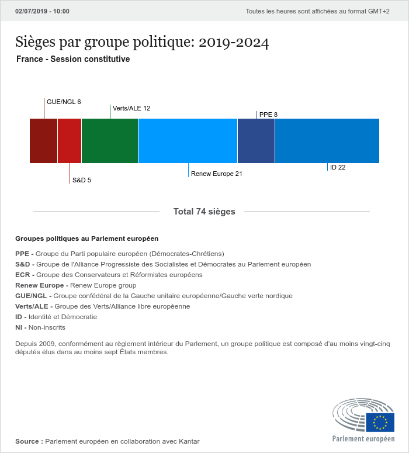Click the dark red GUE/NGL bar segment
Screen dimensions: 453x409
point(43,140)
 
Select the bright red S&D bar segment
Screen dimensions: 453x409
point(70,140)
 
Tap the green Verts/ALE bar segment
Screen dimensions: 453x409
point(110,140)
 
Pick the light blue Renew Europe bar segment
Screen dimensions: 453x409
point(188,140)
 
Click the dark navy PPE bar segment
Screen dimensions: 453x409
point(256,140)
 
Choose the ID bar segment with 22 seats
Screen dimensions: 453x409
point(327,140)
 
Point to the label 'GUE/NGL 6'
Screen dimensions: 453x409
point(64,102)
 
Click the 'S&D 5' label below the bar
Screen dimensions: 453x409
point(82,180)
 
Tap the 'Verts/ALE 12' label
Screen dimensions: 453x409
point(131,108)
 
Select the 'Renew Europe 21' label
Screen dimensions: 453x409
point(217,174)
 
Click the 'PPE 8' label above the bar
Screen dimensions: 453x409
point(268,115)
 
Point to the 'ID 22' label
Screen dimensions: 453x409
point(338,167)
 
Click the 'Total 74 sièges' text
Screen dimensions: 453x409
point(204,212)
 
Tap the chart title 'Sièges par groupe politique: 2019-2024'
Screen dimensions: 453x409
point(142,42)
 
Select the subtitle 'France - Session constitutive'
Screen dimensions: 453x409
point(73,59)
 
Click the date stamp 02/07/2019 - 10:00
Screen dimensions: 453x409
point(42,11)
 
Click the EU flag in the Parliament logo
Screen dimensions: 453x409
point(380,422)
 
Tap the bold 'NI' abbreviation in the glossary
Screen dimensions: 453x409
point(19,327)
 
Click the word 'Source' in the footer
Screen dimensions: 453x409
point(27,441)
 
